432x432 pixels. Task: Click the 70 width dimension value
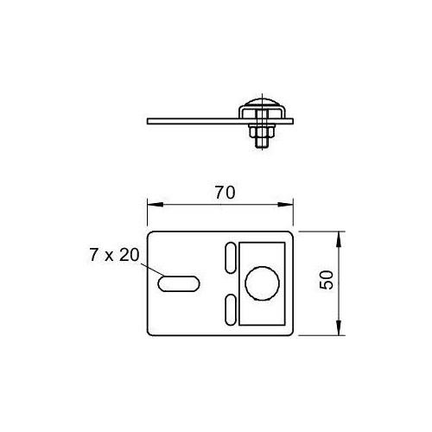226,193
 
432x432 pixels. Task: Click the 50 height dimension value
327,280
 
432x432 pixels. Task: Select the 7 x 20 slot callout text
114,255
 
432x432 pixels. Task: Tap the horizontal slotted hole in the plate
179,283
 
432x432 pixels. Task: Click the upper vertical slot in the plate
231,257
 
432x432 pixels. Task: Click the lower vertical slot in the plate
231,309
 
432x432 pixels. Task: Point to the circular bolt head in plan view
262,283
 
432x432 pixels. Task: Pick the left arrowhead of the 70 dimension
155,205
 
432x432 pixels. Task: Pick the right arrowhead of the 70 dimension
285,205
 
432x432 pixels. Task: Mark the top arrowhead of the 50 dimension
339,239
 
